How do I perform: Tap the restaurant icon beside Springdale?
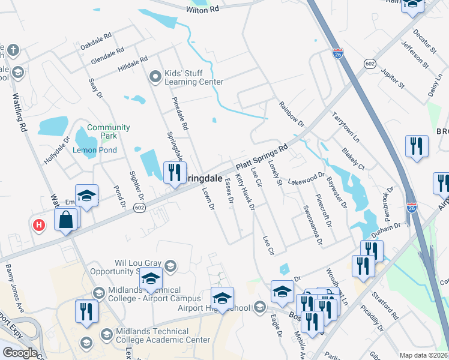click(175, 173)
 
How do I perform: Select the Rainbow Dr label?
click(292, 113)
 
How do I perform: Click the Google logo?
click(20, 352)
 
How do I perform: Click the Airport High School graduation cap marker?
click(222, 298)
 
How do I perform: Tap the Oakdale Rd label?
click(96, 41)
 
